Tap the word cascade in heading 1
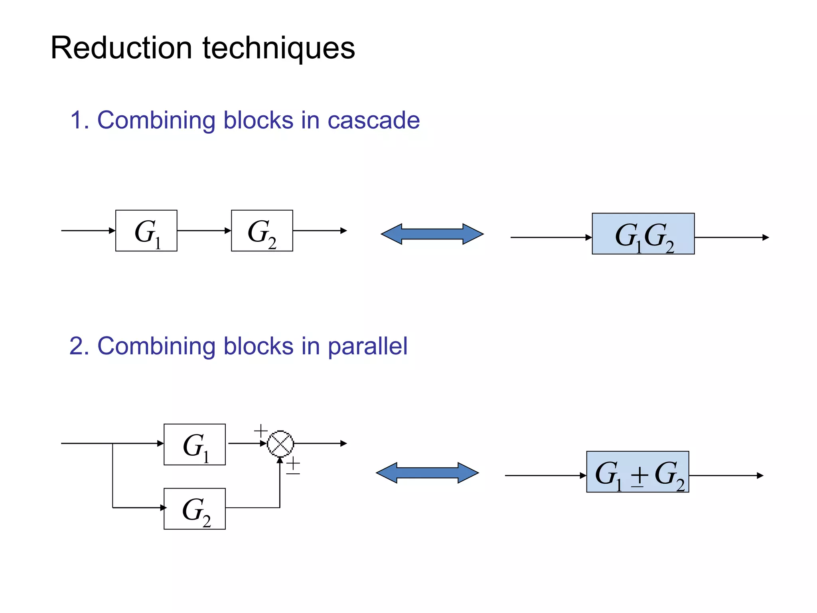(373, 120)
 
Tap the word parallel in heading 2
(367, 346)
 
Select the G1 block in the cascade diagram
(146, 231)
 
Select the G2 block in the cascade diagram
(262, 231)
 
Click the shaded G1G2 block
(643, 234)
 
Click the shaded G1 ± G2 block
(637, 472)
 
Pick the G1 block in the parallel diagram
(194, 444)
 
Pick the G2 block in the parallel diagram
(194, 508)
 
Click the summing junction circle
(280, 443)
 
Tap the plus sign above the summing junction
(260, 431)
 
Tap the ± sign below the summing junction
(293, 466)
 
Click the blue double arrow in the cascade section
(432, 234)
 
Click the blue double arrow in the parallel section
(427, 473)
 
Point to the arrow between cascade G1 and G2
(204, 231)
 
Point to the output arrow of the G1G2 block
(731, 237)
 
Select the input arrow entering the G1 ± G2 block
(545, 475)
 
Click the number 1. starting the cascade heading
(79, 120)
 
